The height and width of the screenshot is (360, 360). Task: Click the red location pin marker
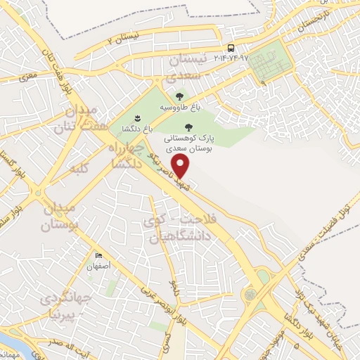pos(181,167)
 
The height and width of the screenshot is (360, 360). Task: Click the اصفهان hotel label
pos(99,267)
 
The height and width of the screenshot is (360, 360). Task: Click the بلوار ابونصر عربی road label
pos(157,302)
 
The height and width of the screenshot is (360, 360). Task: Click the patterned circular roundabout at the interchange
pos(250,293)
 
